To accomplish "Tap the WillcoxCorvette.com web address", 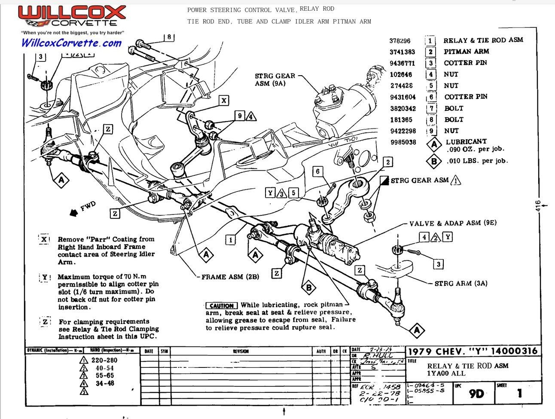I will click(71, 43).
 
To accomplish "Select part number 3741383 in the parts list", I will click(402, 52).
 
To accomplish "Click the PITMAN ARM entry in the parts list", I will click(466, 52).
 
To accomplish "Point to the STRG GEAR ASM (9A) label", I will click(275, 80).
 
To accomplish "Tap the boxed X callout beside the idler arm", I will click(224, 101).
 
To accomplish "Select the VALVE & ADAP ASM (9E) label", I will click(453, 223).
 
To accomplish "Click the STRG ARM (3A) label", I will click(460, 284).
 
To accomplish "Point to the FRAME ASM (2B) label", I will click(230, 277).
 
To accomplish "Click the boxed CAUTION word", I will click(222, 306).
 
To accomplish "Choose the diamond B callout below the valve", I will click(308, 287).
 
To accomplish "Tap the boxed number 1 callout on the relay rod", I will click(231, 239).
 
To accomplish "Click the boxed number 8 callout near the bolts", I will click(169, 37).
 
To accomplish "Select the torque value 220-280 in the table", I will click(104, 360).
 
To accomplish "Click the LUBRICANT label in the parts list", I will click(466, 141).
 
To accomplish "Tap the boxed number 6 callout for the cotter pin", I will click(318, 172).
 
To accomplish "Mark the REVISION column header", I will click(241, 351).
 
